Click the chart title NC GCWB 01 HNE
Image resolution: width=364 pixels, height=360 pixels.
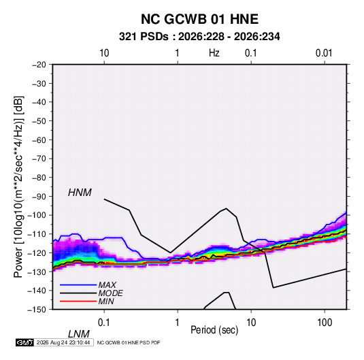coord(199,19)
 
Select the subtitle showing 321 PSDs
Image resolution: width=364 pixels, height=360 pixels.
coord(199,37)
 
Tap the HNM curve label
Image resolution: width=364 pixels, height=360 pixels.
coord(80,193)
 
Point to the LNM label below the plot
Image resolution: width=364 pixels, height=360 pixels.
coord(79,334)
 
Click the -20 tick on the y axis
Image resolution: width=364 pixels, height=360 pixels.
coord(39,65)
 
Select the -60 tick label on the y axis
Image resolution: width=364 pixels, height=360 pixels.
coord(39,140)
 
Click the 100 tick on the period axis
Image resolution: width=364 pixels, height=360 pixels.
coord(325,323)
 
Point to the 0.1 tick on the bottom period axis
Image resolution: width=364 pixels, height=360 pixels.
coord(104,323)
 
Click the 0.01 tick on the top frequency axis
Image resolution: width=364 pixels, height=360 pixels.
coord(324,53)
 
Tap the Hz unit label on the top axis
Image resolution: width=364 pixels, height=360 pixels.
coord(214,53)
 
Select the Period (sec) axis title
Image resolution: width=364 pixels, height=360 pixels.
coord(214,330)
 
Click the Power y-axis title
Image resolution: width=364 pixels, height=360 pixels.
coord(18,186)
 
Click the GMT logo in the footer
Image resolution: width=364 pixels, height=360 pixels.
coord(25,342)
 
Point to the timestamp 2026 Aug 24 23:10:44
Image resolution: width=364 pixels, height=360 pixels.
coord(63,342)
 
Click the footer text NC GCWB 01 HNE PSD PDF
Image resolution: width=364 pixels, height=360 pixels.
coord(129,342)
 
